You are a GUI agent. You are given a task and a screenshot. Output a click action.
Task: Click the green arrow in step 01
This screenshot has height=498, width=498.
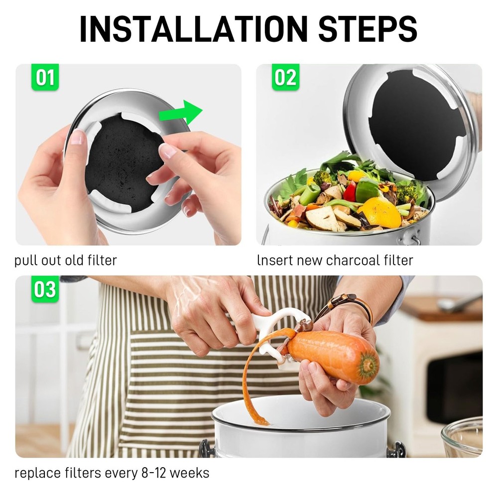[x=182, y=113]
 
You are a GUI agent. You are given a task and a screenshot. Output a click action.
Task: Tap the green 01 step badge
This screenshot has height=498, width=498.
[x=45, y=78]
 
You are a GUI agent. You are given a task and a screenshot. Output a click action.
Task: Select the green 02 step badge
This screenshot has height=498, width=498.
[x=285, y=78]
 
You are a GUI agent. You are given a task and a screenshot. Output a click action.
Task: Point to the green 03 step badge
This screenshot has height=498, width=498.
[x=45, y=289]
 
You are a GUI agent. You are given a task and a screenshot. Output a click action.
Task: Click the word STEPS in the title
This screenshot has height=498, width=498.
[x=368, y=28]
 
